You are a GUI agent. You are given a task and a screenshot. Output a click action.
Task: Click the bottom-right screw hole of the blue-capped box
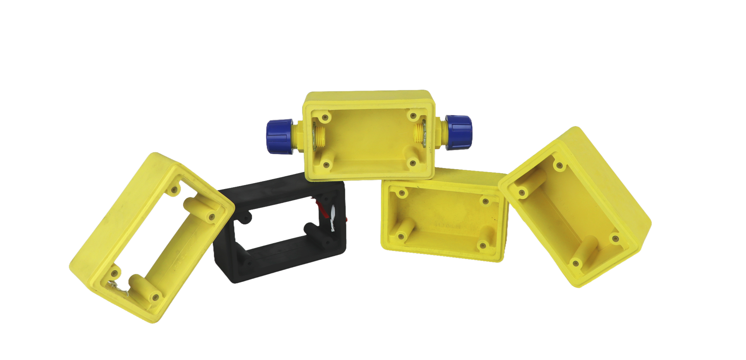click(412, 163)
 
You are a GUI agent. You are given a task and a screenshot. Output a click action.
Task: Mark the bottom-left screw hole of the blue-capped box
click(327, 165)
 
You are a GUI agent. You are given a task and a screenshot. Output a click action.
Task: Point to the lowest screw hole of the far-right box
click(576, 263)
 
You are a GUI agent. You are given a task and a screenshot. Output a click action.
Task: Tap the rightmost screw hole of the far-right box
click(615, 239)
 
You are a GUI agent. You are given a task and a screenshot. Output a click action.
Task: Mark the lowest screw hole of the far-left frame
click(155, 296)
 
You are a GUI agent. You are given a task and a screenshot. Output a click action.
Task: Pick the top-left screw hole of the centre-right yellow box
click(400, 193)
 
